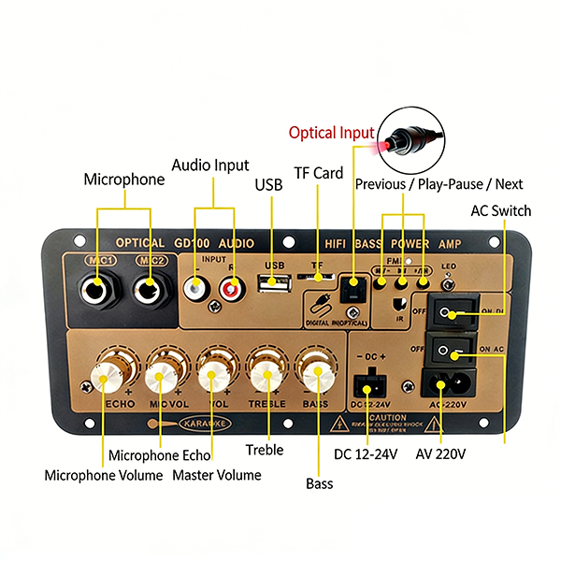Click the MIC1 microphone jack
click(x=98, y=287)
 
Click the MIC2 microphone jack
click(x=147, y=287)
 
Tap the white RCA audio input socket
click(x=197, y=290)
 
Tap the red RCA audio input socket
click(x=229, y=291)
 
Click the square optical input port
click(x=353, y=289)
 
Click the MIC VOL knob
click(x=165, y=379)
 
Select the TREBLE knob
click(x=266, y=377)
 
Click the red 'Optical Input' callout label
click(x=331, y=133)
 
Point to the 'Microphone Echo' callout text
click(x=157, y=455)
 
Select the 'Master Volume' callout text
click(x=216, y=475)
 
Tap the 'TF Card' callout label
click(x=319, y=173)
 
